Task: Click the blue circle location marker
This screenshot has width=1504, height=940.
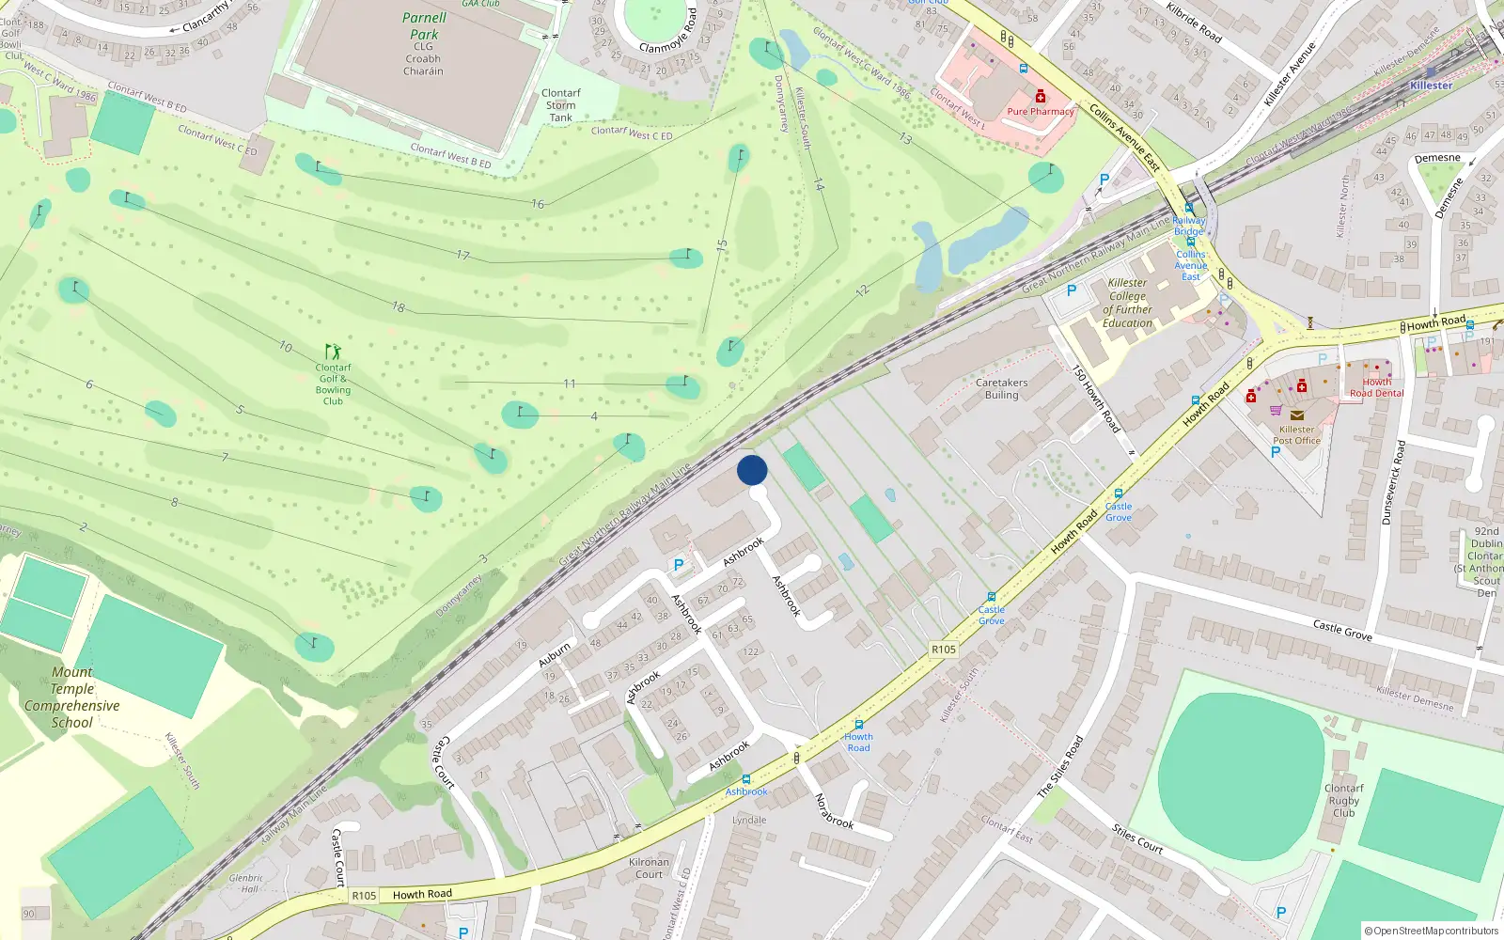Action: tap(752, 470)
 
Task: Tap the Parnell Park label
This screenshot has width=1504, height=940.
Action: tap(424, 26)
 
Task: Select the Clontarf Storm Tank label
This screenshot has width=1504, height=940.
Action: tap(561, 105)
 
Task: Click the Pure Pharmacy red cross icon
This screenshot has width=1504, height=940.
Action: tap(1041, 97)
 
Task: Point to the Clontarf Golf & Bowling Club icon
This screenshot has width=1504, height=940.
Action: tap(333, 352)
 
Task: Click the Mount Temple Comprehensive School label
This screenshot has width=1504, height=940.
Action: tap(72, 697)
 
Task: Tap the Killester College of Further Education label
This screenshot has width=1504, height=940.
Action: tap(1127, 303)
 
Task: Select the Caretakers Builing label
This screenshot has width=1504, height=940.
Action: tap(1001, 389)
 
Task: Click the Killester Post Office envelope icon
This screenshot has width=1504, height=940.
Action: tap(1297, 415)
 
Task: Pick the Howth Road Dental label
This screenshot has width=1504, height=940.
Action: tap(1377, 387)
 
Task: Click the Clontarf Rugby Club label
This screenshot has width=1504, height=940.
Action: tap(1344, 800)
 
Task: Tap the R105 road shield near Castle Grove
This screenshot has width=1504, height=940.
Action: tap(944, 650)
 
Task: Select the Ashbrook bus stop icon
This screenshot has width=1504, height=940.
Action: tap(746, 779)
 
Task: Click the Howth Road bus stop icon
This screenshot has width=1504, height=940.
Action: tap(858, 725)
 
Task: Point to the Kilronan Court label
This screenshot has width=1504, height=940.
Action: tap(649, 868)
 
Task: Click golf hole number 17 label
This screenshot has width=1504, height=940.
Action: tap(463, 255)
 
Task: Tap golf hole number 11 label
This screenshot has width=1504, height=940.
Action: tap(570, 384)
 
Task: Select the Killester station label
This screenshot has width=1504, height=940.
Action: tap(1431, 86)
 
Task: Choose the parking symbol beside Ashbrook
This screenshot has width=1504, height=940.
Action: tap(679, 565)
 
